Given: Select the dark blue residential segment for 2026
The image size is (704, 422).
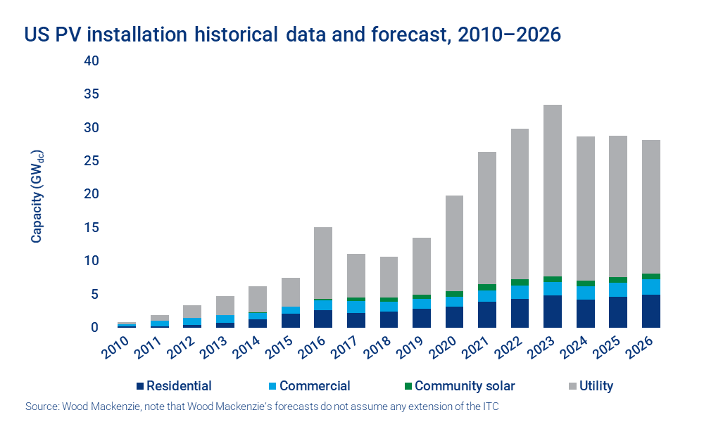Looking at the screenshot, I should pyautogui.click(x=651, y=311).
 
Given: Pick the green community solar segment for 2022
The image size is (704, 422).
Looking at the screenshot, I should pyautogui.click(x=520, y=282).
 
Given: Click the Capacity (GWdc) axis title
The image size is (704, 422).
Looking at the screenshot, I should pyautogui.click(x=37, y=193).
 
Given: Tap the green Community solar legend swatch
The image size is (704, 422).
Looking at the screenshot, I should pyautogui.click(x=406, y=385).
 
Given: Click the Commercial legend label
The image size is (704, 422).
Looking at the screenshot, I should pyautogui.click(x=314, y=385).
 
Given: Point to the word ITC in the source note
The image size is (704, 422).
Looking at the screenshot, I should pyautogui.click(x=491, y=407).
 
